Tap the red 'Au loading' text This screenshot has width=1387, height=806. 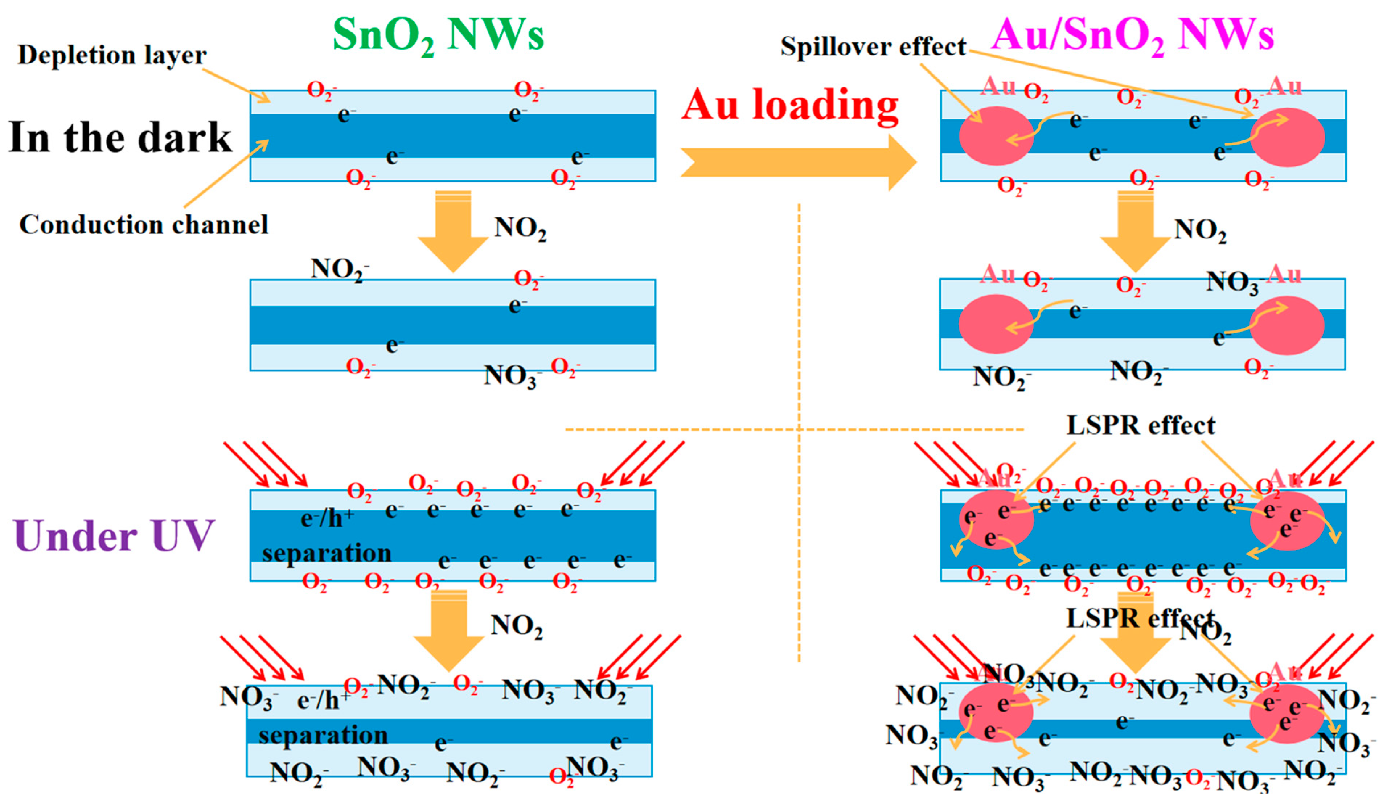[790, 104]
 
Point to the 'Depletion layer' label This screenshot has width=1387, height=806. [112, 55]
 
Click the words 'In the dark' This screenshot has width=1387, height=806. [120, 137]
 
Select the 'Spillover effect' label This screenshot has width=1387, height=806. [873, 47]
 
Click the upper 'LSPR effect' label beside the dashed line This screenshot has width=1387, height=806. [1140, 425]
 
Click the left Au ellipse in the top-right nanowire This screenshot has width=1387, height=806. [996, 136]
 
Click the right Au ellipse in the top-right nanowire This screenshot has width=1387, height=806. [1287, 137]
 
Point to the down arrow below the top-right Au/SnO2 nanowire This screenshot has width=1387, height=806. [1135, 237]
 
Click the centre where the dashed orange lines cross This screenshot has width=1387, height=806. [799, 429]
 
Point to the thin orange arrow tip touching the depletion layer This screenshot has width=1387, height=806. [268, 101]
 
